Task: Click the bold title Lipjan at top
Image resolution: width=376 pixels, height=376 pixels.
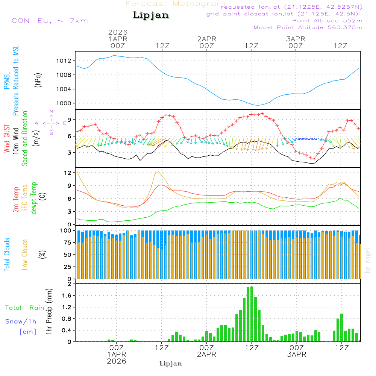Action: (151, 15)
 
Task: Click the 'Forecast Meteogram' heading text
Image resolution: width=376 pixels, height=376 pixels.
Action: (175, 4)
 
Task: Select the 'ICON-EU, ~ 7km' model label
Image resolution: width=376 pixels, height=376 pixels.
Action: (48, 20)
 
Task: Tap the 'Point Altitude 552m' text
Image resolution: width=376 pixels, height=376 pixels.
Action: (327, 21)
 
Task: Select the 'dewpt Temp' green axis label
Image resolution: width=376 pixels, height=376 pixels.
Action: (34, 198)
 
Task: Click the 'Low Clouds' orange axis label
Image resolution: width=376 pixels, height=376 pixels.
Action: (25, 255)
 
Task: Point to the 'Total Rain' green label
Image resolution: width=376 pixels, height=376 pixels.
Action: (24, 308)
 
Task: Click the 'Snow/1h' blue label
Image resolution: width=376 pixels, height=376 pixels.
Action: (21, 321)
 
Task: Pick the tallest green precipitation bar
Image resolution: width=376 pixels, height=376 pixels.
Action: (252, 314)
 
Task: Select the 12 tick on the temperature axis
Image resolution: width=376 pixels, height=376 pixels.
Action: (68, 173)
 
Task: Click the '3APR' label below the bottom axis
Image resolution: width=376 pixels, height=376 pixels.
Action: (296, 354)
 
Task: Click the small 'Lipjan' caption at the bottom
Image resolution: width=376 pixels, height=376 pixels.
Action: (171, 364)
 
